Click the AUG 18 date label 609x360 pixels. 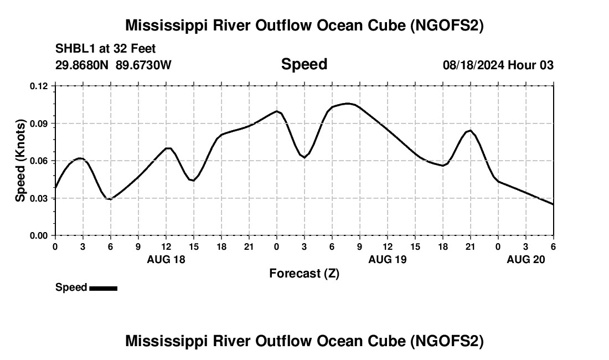coord(166,259)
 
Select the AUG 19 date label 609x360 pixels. coord(388,259)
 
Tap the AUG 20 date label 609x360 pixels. coord(526,259)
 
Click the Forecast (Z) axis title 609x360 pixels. coord(304,273)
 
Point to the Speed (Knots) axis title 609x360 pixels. coord(20,161)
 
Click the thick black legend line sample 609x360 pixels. coord(103,288)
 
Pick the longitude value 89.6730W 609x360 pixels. coord(143,65)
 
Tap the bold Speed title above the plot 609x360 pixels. coord(304,64)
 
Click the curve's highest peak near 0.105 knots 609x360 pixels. coord(348,104)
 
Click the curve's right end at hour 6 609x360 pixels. coord(553,204)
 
